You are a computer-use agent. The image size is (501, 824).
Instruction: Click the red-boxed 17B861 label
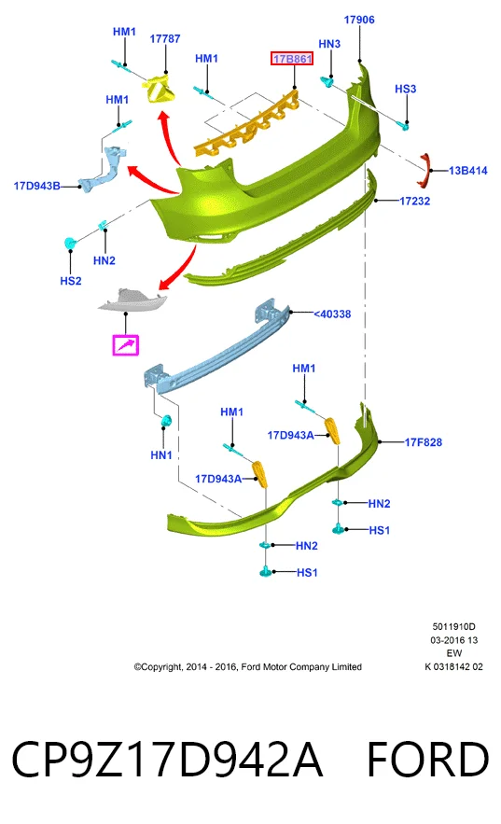(x=292, y=59)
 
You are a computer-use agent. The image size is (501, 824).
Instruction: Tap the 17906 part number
(x=359, y=20)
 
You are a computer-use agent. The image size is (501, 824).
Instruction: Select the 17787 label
(x=165, y=39)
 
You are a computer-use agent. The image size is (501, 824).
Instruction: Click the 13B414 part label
(x=468, y=170)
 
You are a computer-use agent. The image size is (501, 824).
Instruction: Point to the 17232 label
(x=414, y=201)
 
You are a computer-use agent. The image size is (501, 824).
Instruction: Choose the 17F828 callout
(x=423, y=442)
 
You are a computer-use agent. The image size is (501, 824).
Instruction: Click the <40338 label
(x=332, y=314)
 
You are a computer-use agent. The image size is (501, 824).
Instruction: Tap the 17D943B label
(x=36, y=186)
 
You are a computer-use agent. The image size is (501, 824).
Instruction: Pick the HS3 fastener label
(x=406, y=89)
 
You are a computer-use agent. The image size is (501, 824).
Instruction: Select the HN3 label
(x=329, y=44)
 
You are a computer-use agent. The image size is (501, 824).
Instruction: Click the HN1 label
(x=161, y=455)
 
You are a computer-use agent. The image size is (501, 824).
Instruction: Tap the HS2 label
(x=71, y=281)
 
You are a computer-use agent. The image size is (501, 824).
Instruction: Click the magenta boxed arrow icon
(x=126, y=345)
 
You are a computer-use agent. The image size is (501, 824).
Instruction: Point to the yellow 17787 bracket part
(x=160, y=90)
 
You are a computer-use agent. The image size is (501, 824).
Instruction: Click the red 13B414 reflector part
(x=424, y=170)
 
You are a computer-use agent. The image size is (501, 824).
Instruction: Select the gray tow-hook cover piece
(x=132, y=300)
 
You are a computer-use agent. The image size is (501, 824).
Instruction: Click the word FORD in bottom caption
(x=428, y=760)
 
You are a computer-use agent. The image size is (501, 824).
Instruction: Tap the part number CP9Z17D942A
(x=167, y=760)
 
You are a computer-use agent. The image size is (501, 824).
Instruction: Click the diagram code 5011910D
(x=453, y=626)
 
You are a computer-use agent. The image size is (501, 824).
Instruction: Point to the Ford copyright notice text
(x=248, y=667)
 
